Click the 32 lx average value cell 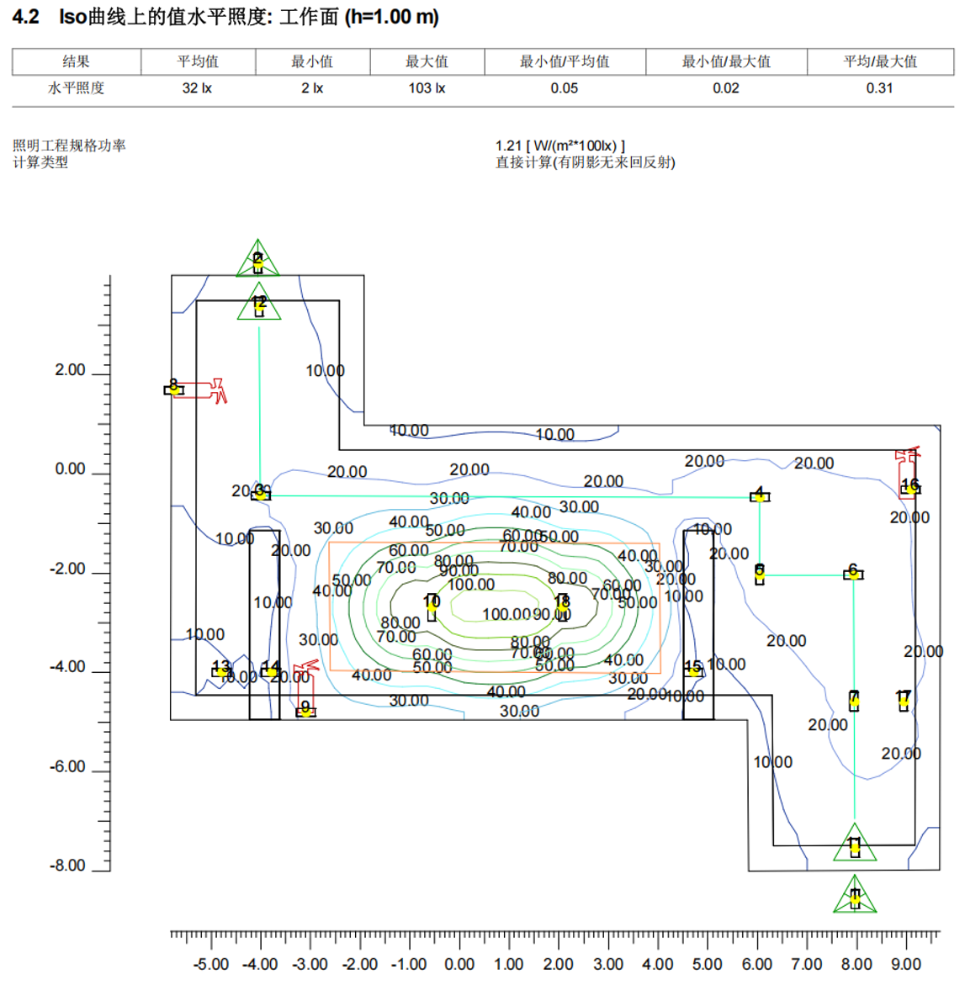(x=197, y=88)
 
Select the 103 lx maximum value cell (x=427, y=88)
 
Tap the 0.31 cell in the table (x=879, y=88)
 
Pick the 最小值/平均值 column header (x=565, y=61)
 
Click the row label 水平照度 (x=76, y=88)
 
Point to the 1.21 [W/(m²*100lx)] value (x=560, y=146)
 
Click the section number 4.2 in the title (x=25, y=17)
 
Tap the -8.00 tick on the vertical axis (x=68, y=866)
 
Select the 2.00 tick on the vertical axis (x=71, y=370)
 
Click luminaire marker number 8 (x=173, y=389)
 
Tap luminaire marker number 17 (x=904, y=700)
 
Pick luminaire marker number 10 (x=432, y=605)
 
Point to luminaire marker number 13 (x=221, y=670)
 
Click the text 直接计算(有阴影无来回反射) (x=586, y=162)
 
